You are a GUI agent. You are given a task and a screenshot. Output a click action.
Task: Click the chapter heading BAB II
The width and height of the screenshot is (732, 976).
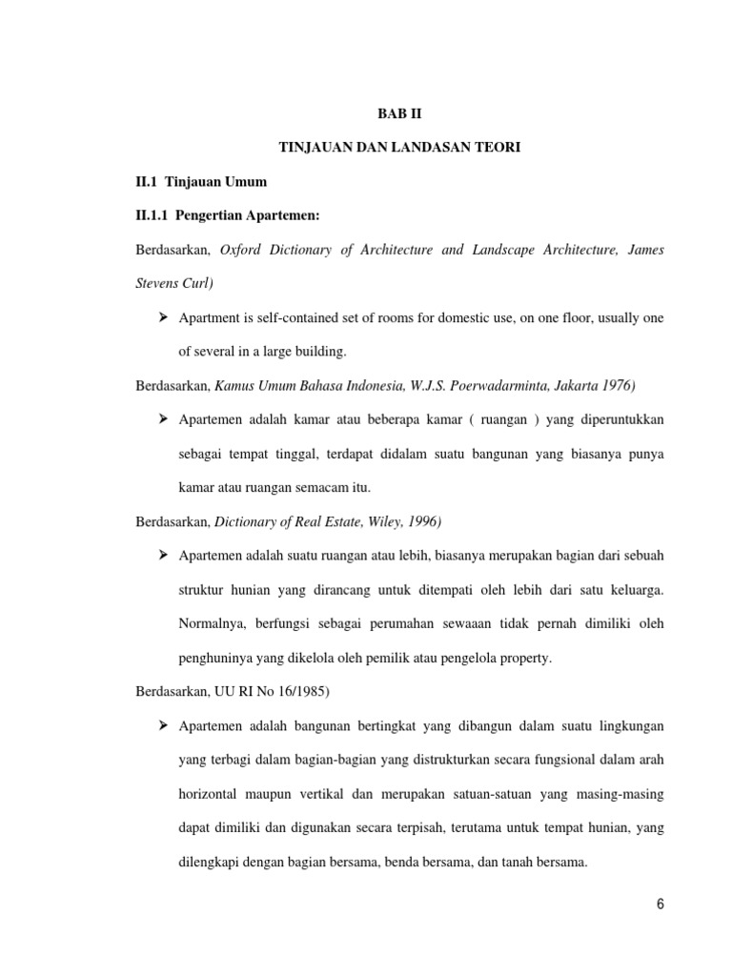pos(400,112)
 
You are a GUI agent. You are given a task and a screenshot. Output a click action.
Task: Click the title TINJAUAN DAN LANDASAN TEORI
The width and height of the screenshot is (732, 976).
pos(400,147)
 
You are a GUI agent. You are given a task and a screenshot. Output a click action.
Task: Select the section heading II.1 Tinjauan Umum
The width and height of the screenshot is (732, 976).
pos(202,181)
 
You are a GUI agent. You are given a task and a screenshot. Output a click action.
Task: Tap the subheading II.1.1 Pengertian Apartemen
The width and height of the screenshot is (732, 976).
pos(228,215)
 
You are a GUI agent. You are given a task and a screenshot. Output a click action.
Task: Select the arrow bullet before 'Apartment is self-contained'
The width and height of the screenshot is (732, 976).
pos(162,317)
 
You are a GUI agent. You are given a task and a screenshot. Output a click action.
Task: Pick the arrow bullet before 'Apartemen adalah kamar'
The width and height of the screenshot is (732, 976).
pos(162,419)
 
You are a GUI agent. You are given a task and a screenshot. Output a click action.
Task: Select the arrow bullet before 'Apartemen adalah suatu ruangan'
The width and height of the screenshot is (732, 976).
pos(162,556)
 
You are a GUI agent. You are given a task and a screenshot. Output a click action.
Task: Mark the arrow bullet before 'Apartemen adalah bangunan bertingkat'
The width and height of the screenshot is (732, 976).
pos(162,726)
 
